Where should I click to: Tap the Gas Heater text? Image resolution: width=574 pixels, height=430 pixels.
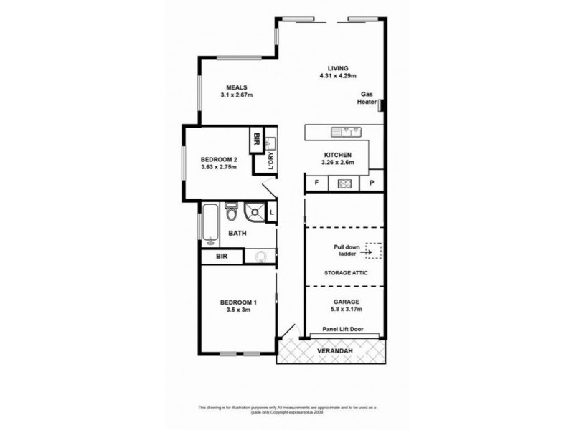(367, 98)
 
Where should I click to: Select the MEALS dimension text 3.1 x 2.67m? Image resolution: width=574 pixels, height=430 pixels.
(236, 95)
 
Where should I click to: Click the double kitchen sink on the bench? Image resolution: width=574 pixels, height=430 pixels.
(345, 132)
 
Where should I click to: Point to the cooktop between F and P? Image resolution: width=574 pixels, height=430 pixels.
(342, 183)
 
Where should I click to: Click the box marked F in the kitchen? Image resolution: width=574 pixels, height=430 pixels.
(316, 183)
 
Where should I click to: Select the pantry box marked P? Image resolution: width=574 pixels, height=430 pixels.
(372, 183)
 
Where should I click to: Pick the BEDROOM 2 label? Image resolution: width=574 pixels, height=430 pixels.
(217, 158)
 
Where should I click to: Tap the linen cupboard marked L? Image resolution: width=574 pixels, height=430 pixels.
(272, 213)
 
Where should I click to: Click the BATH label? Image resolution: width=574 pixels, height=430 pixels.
(237, 234)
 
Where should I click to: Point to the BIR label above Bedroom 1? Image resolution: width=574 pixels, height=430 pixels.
(221, 257)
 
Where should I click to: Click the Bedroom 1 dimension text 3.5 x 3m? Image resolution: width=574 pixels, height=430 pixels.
(237, 310)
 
